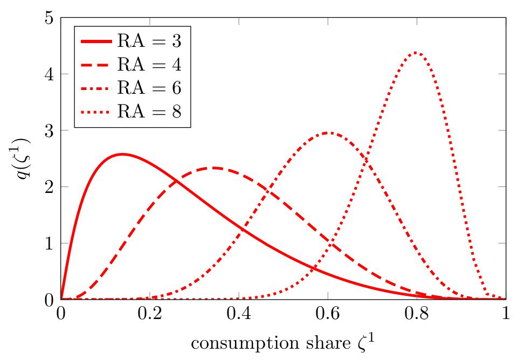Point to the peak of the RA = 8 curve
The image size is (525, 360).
coord(416,53)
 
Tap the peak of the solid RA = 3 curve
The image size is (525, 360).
coord(122,154)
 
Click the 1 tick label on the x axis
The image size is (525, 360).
coord(506,314)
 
